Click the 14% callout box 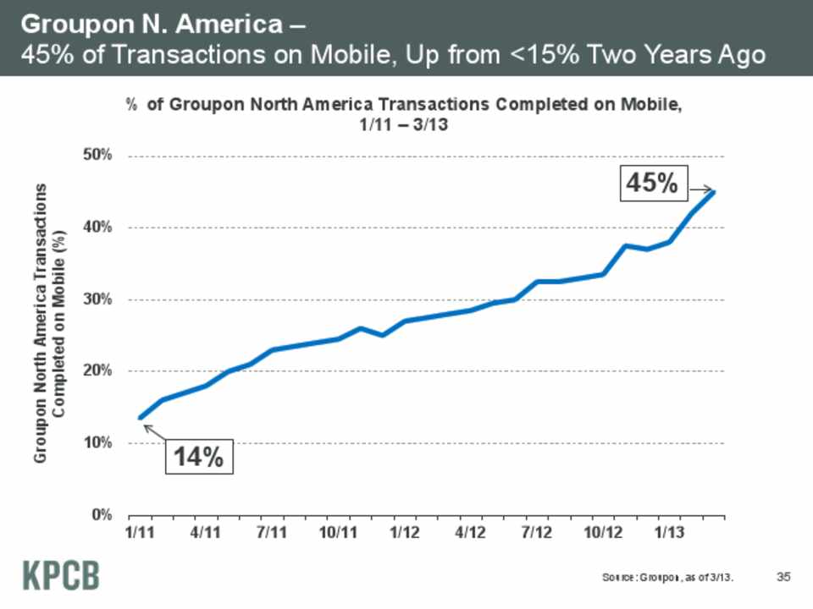pos(198,457)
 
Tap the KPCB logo pos(59,575)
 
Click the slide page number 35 pos(783,577)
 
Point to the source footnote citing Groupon pos(667,578)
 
